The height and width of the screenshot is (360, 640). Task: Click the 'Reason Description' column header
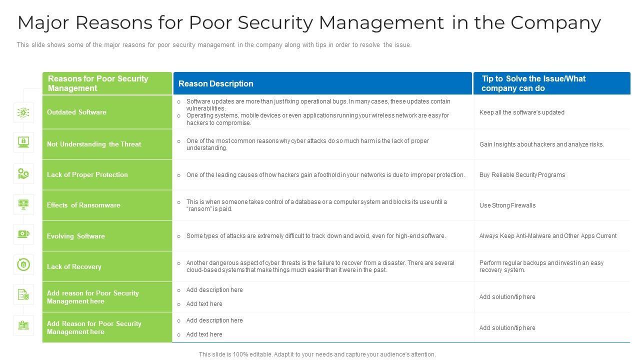pyautogui.click(x=216, y=83)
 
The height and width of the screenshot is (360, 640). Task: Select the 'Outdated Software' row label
pyautogui.click(x=76, y=112)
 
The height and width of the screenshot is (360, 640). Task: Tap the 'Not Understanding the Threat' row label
pyautogui.click(x=94, y=144)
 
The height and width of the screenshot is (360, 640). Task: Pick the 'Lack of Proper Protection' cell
pyautogui.click(x=87, y=174)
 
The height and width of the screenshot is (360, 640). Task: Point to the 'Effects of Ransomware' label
pyautogui.click(x=83, y=205)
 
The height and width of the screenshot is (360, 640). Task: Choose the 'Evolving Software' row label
pyautogui.click(x=76, y=236)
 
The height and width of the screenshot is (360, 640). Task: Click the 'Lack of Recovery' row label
pyautogui.click(x=74, y=266)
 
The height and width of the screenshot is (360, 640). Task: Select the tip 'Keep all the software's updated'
pyautogui.click(x=522, y=112)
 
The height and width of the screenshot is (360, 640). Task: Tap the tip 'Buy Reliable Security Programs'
pyautogui.click(x=522, y=175)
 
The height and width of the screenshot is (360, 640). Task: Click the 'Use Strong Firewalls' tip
pyautogui.click(x=507, y=205)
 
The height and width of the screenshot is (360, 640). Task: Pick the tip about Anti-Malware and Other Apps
pyautogui.click(x=548, y=236)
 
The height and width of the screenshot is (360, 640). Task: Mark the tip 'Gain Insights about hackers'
pyautogui.click(x=541, y=144)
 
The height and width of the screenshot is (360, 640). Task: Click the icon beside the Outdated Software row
pyautogui.click(x=23, y=112)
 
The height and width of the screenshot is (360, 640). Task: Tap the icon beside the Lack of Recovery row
pyautogui.click(x=23, y=264)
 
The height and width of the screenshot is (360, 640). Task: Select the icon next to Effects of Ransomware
pyautogui.click(x=23, y=204)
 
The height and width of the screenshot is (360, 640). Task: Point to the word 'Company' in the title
pyautogui.click(x=555, y=22)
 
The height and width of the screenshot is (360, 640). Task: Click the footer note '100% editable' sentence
pyautogui.click(x=317, y=354)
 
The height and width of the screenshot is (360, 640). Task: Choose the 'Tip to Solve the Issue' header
pyautogui.click(x=533, y=83)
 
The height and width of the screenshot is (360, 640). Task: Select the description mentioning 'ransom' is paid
pyautogui.click(x=316, y=205)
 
